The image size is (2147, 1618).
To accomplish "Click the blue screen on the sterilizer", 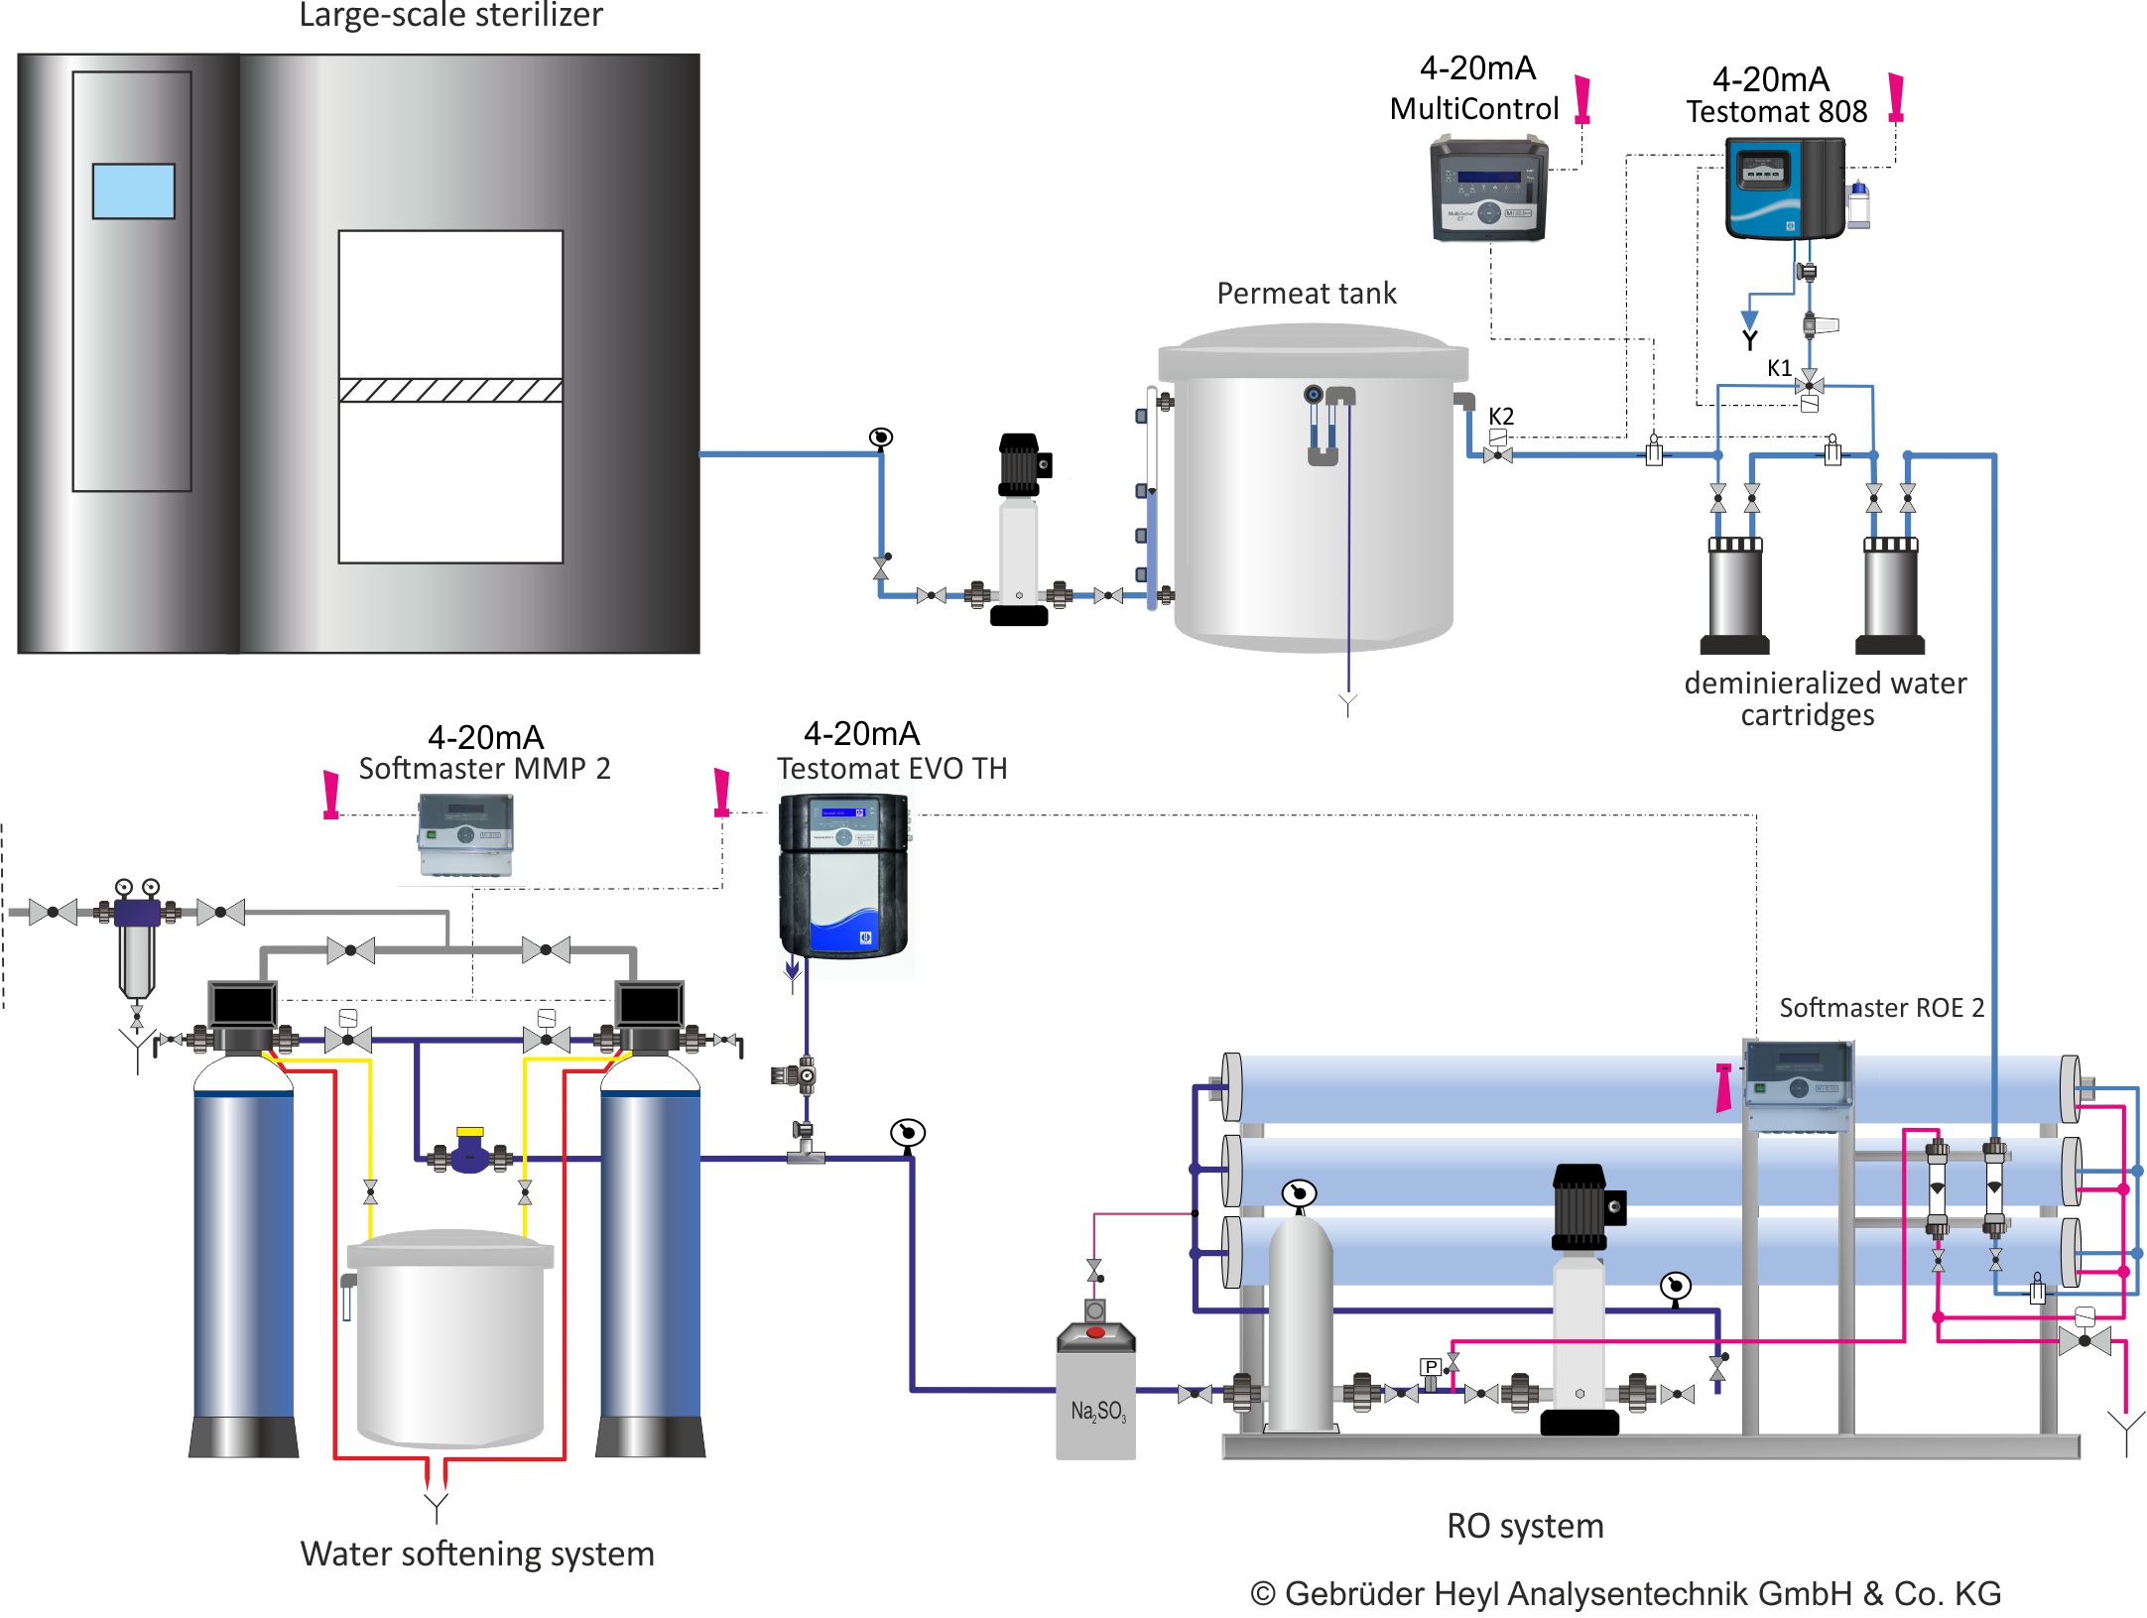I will [133, 191].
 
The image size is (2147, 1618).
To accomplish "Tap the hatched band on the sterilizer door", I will [450, 390].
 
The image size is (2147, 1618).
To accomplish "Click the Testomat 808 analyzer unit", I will [1784, 188].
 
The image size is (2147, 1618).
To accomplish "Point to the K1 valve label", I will [1779, 368].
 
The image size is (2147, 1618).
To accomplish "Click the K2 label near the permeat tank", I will [1500, 417].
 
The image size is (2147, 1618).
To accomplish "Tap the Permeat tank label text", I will [1306, 294].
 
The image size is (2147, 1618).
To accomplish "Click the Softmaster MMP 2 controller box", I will [465, 834].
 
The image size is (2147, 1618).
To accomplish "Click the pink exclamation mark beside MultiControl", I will [1582, 100].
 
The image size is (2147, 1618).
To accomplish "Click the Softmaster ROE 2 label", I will [1880, 1008].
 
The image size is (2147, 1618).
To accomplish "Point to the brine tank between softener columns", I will [449, 1338].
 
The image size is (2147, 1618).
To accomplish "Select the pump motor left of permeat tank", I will [1020, 464].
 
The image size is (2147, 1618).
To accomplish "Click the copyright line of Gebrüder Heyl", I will [1625, 1593].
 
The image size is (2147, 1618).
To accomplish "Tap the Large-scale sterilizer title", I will [450, 15].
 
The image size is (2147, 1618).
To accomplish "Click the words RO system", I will [1524, 1526].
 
